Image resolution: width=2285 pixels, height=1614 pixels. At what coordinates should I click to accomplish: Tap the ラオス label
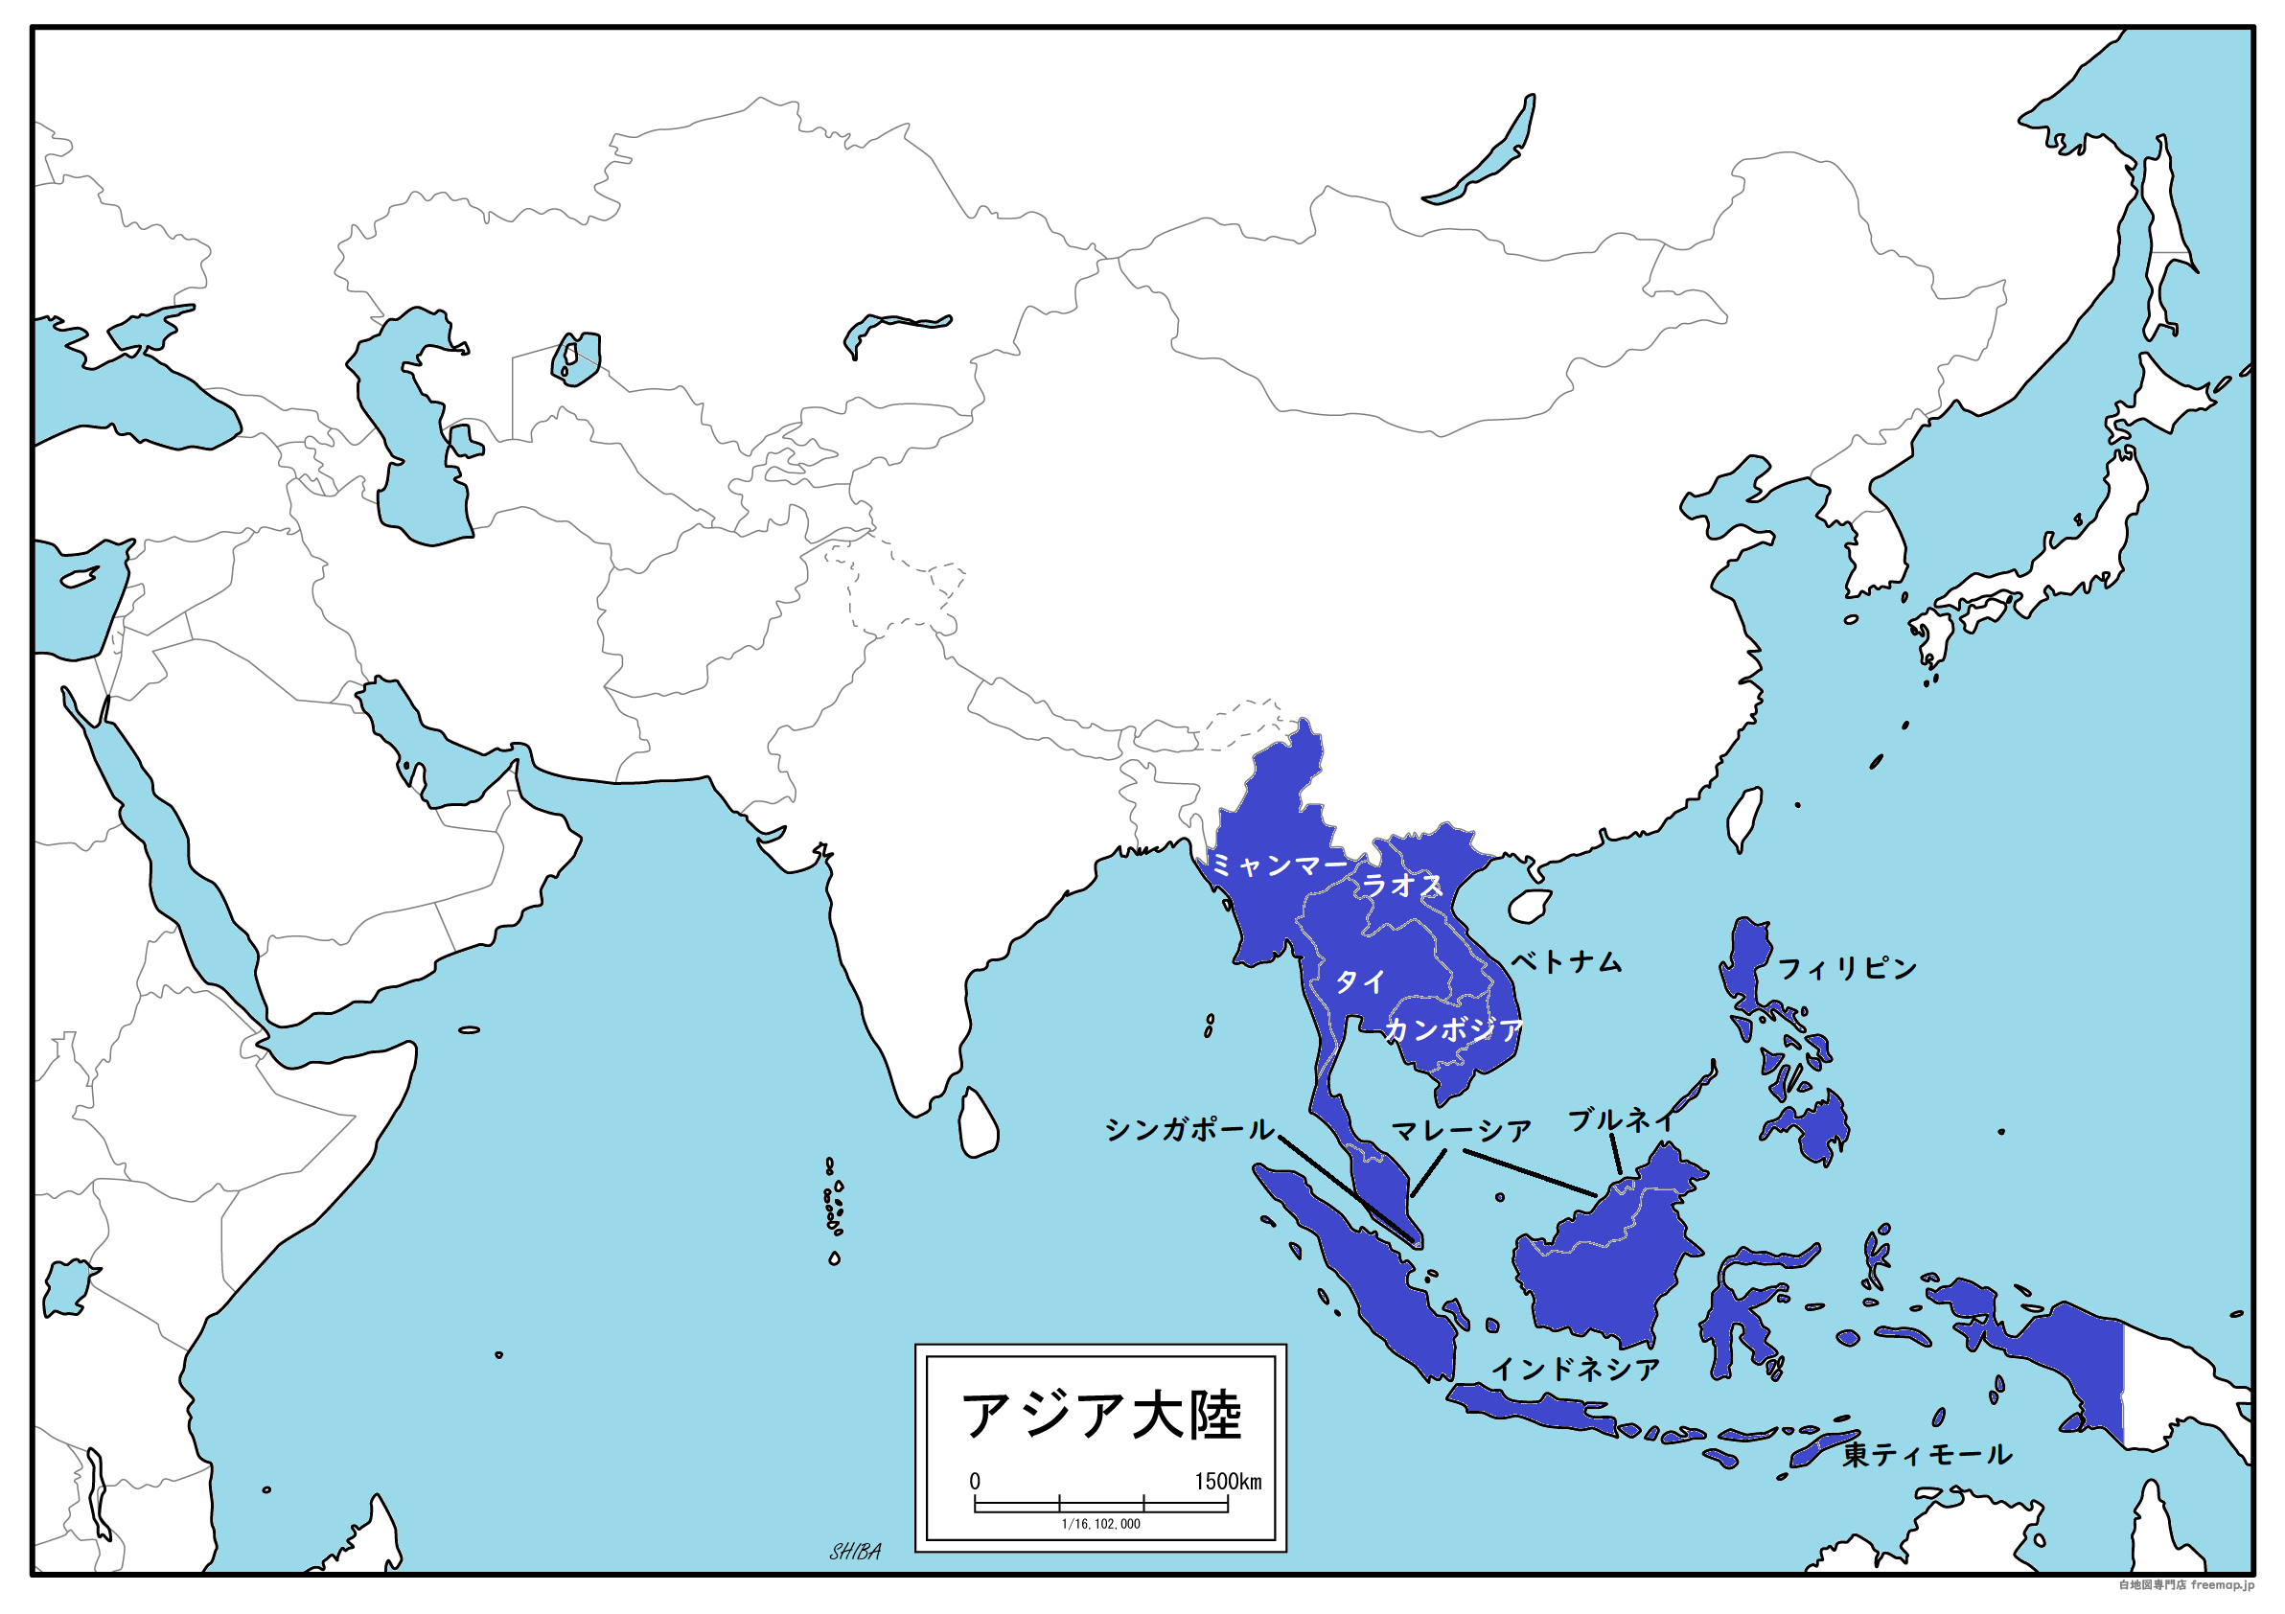1401,885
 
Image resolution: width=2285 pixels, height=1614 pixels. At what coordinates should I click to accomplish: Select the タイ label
1359,982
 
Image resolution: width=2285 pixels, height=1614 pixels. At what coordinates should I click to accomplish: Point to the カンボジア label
1453,1030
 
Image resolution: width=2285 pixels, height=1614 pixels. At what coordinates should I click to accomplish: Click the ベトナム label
1566,961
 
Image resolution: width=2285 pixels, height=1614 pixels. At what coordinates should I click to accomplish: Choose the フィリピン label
1847,968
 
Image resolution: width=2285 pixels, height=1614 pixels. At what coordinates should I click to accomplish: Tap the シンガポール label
1189,1129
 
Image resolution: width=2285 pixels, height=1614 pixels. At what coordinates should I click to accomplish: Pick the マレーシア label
1461,1130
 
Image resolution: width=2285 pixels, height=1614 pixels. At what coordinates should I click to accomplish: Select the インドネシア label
1576,1370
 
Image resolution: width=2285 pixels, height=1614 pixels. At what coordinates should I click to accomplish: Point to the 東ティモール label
1927,1455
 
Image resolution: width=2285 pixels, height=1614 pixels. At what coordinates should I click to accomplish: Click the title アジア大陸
1100,1415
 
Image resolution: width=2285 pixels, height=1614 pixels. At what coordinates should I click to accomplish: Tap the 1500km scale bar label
1228,1482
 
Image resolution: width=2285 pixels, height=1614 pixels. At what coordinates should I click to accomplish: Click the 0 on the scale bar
975,1482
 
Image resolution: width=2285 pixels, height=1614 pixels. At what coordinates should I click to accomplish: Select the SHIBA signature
855,1552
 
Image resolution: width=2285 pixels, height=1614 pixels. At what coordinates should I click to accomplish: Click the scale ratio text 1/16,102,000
1100,1525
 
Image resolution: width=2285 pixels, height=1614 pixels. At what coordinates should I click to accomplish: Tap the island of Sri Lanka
978,1124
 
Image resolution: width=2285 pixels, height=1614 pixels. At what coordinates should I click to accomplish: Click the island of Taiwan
1743,819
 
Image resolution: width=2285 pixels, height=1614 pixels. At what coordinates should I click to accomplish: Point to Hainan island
1530,906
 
